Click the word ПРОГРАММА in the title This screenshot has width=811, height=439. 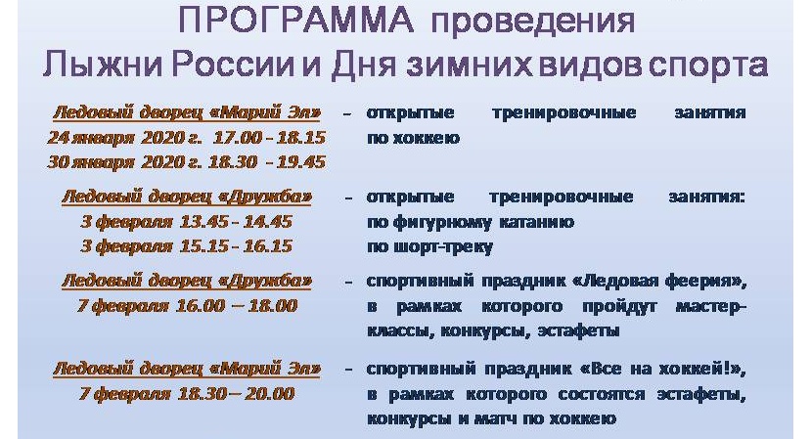295,21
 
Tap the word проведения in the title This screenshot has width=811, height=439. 533,22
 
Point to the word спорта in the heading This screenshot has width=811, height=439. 708,66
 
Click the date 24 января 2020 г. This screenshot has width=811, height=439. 125,138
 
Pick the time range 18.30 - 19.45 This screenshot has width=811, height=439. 267,162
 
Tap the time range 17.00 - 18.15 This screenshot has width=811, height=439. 269,138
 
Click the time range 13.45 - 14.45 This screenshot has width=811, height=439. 236,222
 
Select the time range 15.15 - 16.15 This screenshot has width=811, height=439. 237,246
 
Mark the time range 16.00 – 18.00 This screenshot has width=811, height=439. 237,306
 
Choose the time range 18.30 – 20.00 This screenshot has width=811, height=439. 237,394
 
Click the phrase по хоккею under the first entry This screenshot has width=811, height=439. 413,138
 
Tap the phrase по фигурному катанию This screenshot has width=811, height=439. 471,223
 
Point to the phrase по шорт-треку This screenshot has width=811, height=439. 429,247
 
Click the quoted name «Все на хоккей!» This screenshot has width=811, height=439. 663,370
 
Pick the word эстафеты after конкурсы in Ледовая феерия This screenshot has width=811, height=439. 579,330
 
